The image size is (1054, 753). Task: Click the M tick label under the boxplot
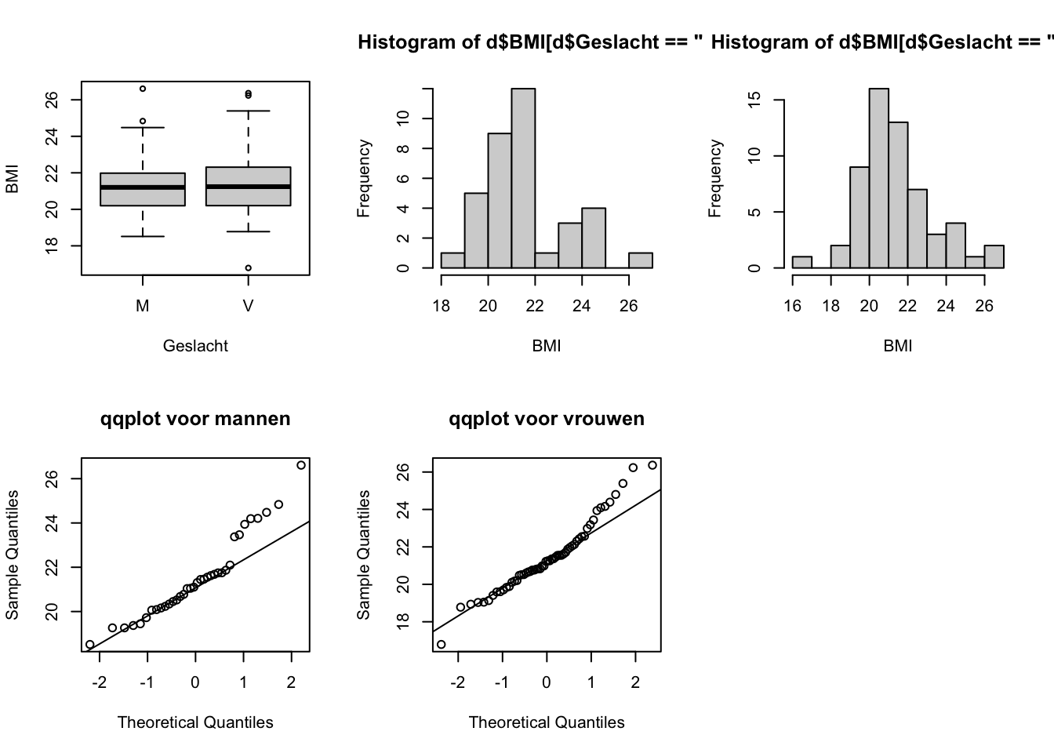[142, 307]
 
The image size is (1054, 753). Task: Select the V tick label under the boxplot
[248, 307]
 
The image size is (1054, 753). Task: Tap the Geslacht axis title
[195, 346]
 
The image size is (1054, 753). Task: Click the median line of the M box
[143, 187]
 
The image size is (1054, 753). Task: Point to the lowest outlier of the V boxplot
[248, 268]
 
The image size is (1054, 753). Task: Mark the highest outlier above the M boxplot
[143, 89]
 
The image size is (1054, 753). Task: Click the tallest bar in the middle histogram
[523, 178]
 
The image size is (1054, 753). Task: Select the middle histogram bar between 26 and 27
[641, 260]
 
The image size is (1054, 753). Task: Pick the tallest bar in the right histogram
[879, 178]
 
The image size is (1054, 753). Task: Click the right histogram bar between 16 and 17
[802, 262]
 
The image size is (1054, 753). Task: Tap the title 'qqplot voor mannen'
[195, 419]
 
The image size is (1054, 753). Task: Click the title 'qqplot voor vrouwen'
[547, 419]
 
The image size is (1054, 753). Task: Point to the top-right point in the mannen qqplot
[301, 465]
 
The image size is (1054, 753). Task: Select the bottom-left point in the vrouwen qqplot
[441, 645]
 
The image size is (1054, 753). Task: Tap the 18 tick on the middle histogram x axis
[442, 305]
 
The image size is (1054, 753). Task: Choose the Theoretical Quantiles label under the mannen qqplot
[195, 722]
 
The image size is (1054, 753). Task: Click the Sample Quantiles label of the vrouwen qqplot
[364, 555]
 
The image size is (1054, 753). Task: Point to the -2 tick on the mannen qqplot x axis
[100, 682]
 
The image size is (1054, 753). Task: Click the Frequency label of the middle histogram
[364, 178]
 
